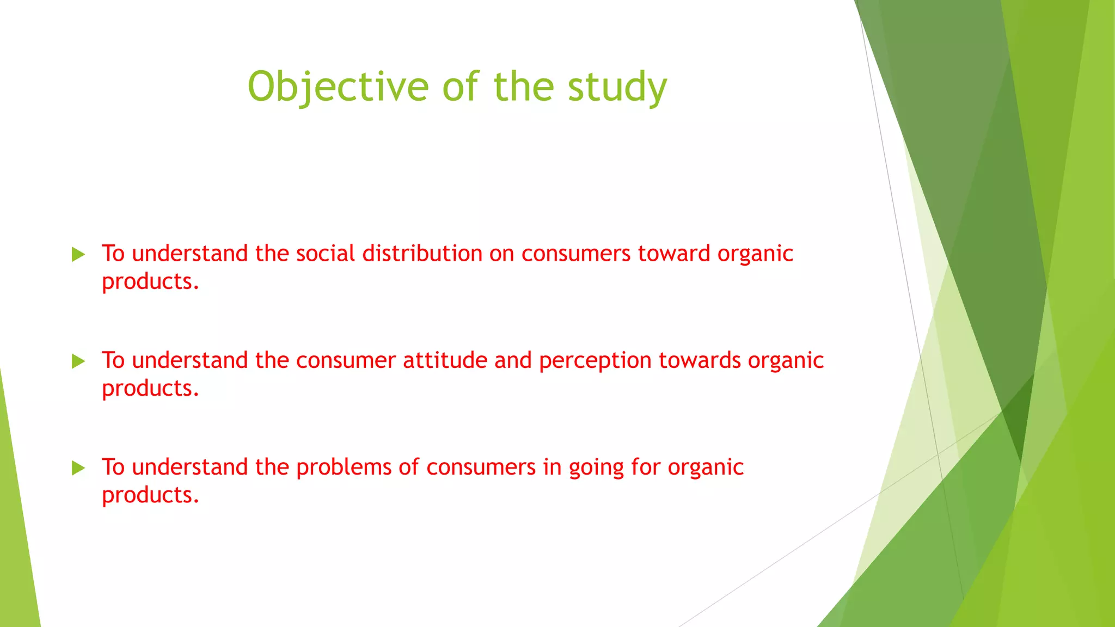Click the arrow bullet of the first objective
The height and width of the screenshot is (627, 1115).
[78, 254]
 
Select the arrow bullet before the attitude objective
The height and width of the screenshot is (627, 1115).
[78, 361]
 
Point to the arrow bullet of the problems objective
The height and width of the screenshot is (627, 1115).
[78, 468]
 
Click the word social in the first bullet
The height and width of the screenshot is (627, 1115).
[325, 254]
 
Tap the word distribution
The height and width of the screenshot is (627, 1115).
[422, 254]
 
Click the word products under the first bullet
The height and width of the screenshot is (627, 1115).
[150, 282]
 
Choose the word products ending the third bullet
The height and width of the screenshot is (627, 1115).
[150, 495]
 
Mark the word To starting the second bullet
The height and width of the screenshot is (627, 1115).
[113, 360]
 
